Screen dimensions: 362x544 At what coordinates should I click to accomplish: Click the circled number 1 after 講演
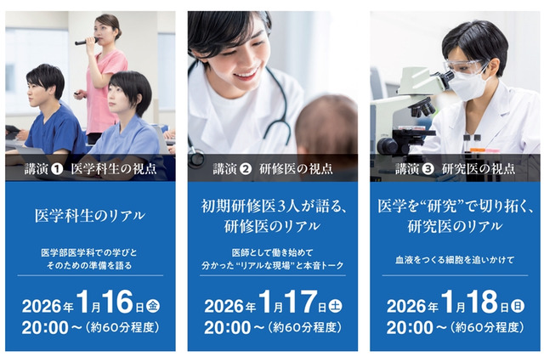57,168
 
